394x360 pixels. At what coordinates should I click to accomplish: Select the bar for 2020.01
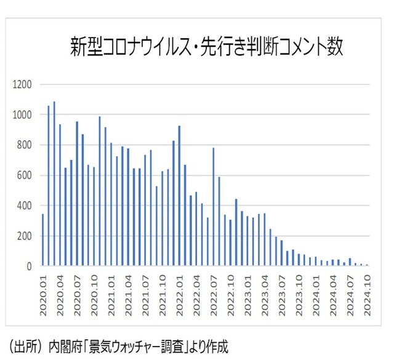tap(42, 240)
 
